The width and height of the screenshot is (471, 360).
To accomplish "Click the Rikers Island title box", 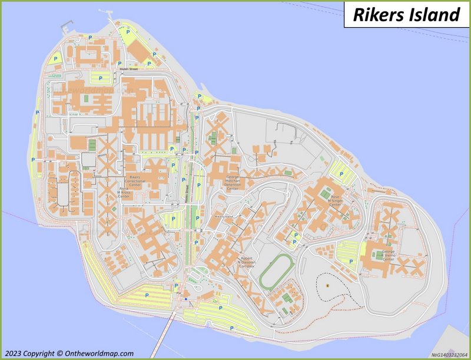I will pos(406,15).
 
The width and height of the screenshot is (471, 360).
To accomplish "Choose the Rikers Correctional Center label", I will pos(135,180).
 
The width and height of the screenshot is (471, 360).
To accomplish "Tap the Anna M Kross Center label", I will pos(124,193).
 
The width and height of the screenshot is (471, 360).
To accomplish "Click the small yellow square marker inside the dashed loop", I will pos(326,285).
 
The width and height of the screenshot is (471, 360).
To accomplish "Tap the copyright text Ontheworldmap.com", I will pos(68,354).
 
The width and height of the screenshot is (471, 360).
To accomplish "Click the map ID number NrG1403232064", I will pos(449,355).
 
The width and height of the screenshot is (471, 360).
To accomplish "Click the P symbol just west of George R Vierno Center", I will pos(351,261).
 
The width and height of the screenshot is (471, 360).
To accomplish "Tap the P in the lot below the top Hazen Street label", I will pos(100,78).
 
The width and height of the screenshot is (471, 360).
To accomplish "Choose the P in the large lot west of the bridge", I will pos(147,295).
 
